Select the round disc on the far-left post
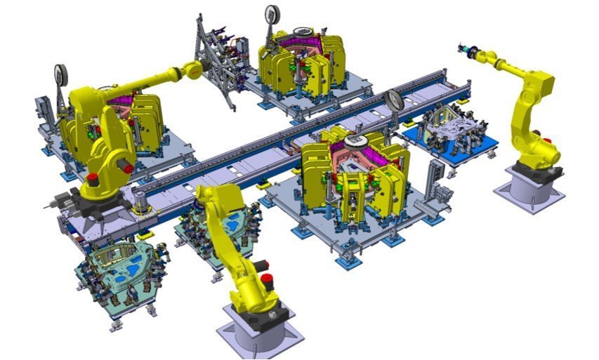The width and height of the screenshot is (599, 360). pos(60,74)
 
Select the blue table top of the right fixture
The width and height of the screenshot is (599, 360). pos(449,140)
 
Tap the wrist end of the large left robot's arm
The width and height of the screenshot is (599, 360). pos(192,69)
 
